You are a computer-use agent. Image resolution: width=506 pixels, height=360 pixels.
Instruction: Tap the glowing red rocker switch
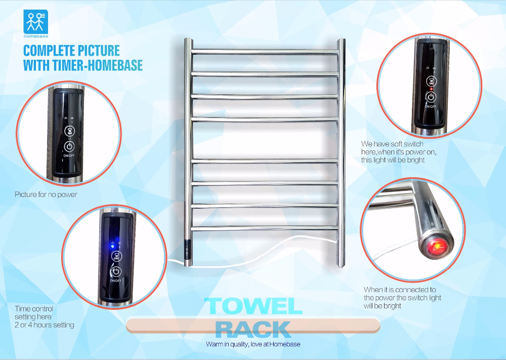436,248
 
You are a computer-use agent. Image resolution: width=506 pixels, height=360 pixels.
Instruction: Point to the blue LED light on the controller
112,246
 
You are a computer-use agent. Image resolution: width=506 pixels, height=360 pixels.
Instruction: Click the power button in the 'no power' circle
69,147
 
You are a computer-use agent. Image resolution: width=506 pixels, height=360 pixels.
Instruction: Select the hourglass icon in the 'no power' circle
69,131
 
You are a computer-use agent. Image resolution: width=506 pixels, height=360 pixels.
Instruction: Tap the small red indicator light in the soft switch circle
431,89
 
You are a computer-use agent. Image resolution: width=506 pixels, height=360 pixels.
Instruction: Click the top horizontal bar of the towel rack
265,51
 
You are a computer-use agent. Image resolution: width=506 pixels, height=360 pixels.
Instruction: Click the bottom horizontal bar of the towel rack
265,228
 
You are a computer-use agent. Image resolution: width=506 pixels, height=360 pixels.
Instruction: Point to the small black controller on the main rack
188,249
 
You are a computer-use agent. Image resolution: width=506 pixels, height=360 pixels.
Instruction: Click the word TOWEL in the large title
254,306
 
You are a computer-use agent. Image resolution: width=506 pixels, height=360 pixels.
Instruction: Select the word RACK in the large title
253,330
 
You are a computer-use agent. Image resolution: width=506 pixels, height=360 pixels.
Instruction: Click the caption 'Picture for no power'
46,194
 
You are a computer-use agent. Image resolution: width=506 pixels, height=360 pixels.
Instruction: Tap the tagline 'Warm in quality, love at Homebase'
253,344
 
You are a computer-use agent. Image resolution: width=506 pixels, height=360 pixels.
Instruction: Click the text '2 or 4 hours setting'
45,325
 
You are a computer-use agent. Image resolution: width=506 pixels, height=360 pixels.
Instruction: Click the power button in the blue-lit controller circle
116,271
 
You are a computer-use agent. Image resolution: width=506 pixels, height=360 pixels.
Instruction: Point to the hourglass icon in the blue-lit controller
116,256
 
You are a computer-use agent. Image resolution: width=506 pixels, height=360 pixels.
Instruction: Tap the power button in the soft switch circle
431,97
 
